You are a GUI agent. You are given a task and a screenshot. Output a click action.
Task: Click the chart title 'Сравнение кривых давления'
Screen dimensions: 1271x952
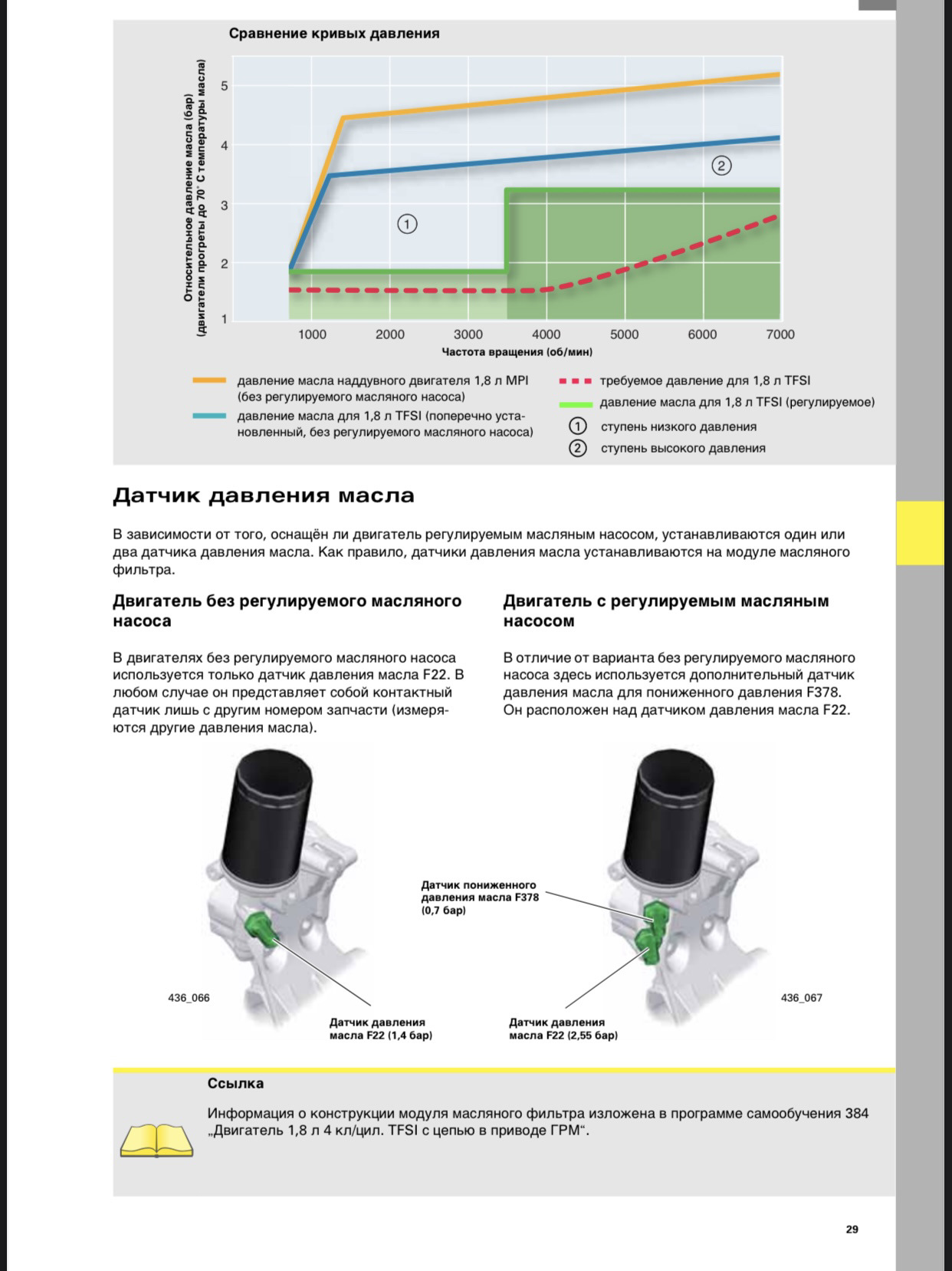pos(334,34)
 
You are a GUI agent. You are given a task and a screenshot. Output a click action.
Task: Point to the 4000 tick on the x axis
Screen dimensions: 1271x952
pos(546,334)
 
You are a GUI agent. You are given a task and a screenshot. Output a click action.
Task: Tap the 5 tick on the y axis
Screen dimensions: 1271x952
pos(225,86)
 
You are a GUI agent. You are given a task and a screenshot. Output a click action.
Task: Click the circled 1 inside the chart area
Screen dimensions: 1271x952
pos(407,224)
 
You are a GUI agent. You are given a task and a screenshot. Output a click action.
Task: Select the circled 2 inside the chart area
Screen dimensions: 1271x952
pos(721,165)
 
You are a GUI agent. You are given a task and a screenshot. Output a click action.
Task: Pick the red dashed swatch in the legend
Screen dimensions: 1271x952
pos(576,380)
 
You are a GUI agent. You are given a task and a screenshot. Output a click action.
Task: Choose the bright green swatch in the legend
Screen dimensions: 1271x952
pos(576,403)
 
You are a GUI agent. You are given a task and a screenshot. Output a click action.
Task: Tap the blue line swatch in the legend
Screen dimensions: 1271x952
pos(209,416)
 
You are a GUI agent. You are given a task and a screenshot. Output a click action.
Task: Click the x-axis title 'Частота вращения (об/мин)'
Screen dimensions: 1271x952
pos(517,352)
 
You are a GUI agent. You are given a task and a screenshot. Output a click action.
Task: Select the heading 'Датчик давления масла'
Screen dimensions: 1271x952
pos(264,496)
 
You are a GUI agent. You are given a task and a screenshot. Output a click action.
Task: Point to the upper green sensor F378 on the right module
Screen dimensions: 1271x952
pos(655,913)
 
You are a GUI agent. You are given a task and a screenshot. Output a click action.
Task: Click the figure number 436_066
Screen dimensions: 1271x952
pos(189,998)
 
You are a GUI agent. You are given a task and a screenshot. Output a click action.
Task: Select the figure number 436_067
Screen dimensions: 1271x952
pos(801,998)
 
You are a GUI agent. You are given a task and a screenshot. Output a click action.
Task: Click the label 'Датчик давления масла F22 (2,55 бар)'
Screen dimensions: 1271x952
pos(563,1029)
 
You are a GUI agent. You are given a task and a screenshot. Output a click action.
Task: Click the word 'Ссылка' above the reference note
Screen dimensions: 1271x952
pos(235,1083)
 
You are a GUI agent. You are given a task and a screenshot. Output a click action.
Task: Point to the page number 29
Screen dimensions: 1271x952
pos(852,1229)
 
